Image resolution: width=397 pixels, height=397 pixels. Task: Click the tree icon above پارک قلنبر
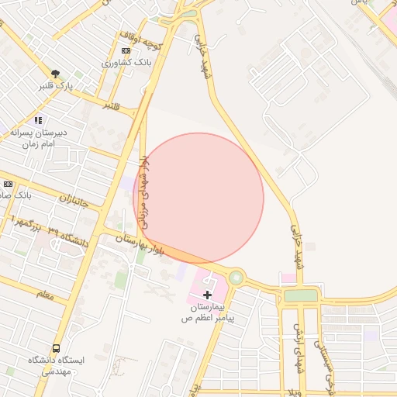coord(54,74)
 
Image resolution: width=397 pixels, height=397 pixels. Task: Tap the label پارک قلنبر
coord(55,85)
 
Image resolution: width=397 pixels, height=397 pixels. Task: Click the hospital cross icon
coord(207,295)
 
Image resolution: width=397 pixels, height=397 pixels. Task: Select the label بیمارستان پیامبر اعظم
coord(208,312)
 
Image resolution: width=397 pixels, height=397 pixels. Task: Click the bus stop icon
coord(56,348)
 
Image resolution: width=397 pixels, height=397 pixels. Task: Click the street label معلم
coord(45,294)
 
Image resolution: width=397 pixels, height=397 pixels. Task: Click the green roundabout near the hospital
coord(236,277)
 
